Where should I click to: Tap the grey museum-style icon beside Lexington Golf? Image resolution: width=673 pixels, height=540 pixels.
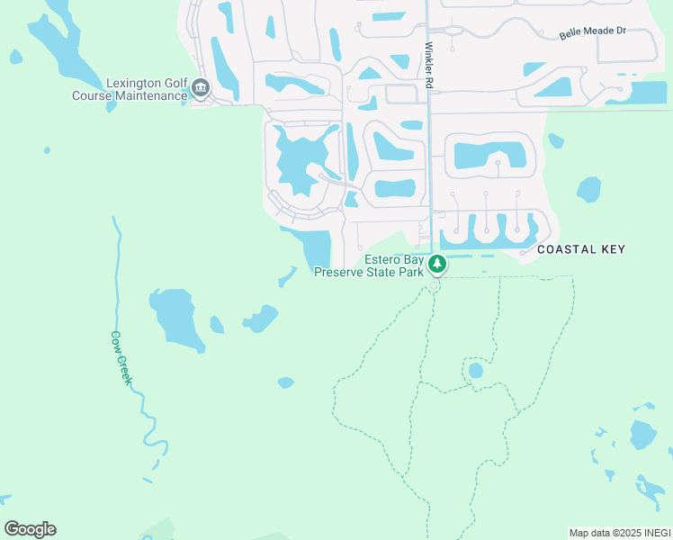click(x=200, y=88)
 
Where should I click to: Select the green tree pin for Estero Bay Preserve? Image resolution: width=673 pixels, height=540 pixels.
click(x=436, y=264)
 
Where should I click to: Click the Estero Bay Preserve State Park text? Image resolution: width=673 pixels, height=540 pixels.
click(x=369, y=266)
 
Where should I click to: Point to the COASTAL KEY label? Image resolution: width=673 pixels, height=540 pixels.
click(x=579, y=249)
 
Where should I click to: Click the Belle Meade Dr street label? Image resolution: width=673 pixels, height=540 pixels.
click(x=592, y=32)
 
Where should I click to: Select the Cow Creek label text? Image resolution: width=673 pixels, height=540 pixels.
click(x=121, y=358)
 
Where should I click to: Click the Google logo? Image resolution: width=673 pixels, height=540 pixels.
click(x=30, y=529)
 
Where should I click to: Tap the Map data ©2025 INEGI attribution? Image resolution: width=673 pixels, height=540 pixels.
click(x=619, y=533)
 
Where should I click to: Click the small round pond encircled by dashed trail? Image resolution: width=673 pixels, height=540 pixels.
click(x=475, y=370)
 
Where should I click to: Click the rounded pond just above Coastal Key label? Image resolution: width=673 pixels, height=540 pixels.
click(x=588, y=189)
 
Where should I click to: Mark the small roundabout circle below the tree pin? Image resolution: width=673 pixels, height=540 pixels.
click(x=434, y=286)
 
